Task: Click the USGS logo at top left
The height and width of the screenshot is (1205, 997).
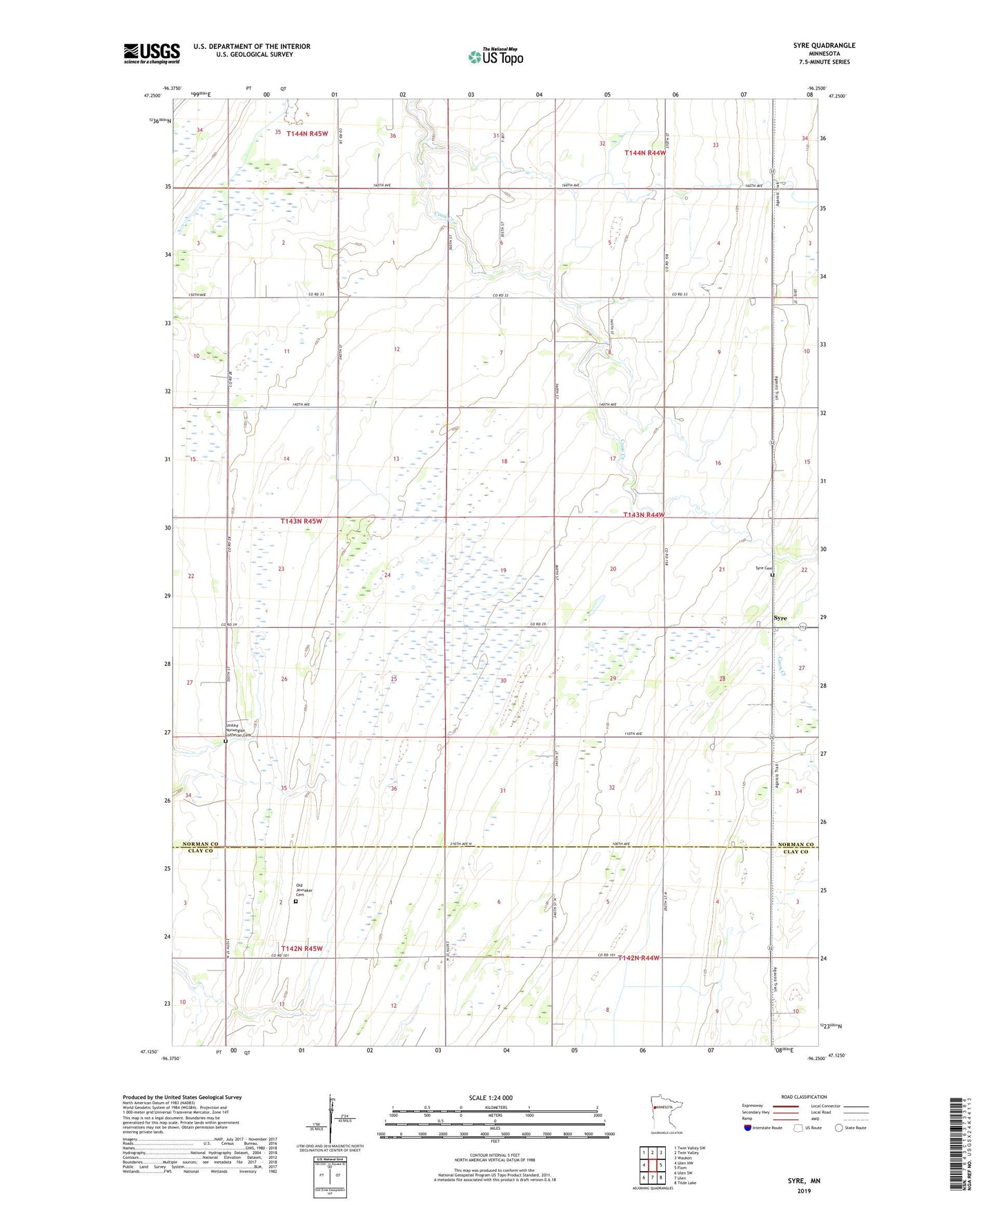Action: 152,53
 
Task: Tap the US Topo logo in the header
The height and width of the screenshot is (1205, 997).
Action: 495,57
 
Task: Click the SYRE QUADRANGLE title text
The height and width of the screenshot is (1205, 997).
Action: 824,46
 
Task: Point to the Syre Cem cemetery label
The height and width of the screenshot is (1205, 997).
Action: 762,568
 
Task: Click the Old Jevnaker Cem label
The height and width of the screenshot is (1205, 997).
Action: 304,890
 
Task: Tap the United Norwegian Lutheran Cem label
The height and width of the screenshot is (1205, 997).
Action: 239,730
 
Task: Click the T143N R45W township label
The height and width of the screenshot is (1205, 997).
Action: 301,521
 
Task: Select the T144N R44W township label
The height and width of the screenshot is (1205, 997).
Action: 645,153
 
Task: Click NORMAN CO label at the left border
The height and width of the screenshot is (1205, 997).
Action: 200,844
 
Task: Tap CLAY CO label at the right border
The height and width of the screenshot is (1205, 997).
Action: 795,852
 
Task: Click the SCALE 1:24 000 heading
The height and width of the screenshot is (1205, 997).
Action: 491,1097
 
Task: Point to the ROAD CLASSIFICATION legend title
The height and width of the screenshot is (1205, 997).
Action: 804,1097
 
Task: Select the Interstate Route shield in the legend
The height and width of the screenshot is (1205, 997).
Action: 748,1128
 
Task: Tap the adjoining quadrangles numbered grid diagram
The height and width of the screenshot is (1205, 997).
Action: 652,1166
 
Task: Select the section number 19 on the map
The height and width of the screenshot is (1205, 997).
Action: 504,570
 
